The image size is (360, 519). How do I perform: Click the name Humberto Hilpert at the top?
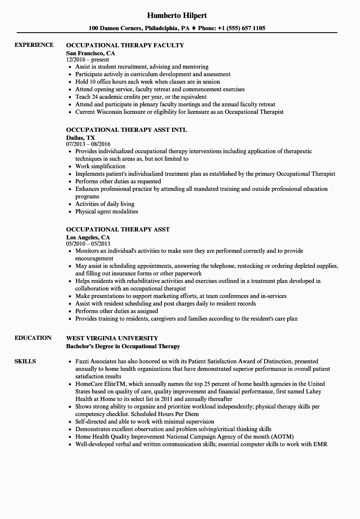point(177,15)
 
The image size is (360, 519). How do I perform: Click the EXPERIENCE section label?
point(34,45)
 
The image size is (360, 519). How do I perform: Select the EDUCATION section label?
point(33,338)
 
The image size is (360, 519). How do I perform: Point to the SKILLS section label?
point(25,361)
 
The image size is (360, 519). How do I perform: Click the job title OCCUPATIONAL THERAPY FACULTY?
point(125,45)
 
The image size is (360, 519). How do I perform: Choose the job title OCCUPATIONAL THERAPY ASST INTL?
point(126,130)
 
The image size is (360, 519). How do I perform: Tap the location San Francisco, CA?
point(90,53)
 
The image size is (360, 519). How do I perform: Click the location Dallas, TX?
point(80,138)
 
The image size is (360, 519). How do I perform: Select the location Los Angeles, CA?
point(88,237)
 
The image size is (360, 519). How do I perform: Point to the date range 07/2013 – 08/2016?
point(88,144)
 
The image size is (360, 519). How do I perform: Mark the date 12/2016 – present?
point(87,60)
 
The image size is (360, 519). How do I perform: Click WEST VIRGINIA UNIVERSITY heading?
point(112,338)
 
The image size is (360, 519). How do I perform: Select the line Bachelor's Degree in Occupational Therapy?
point(123,346)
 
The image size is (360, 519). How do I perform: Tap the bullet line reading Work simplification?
point(100,166)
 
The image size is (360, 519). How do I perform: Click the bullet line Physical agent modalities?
point(106,211)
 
